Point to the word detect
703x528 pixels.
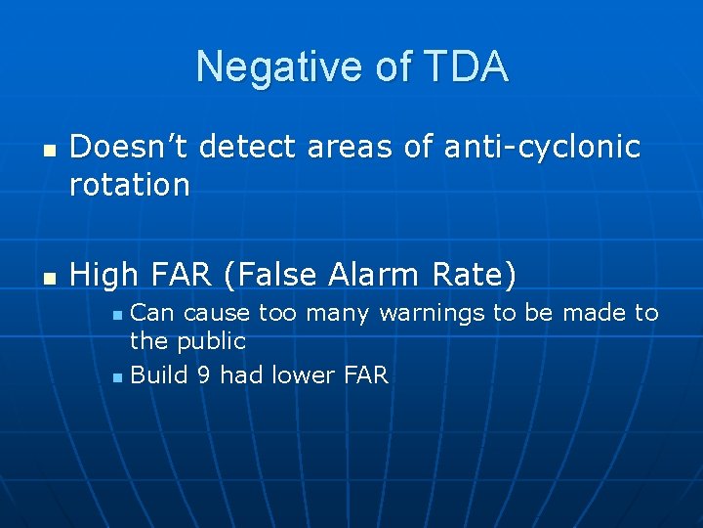pyautogui.click(x=250, y=147)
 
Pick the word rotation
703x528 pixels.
pyautogui.click(x=130, y=185)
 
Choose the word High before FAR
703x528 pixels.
pyautogui.click(x=107, y=276)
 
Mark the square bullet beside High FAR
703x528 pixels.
pyautogui.click(x=47, y=279)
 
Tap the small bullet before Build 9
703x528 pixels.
pyautogui.click(x=118, y=376)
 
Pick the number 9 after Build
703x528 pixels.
pyautogui.click(x=202, y=374)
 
